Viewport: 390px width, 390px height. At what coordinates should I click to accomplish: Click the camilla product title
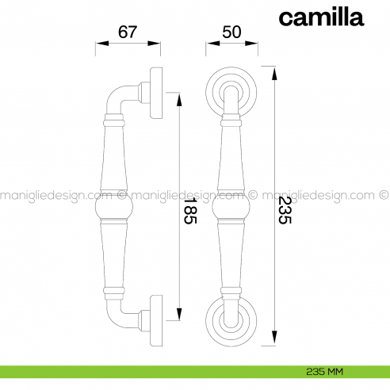(x=321, y=17)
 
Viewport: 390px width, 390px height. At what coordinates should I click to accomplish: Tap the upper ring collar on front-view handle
(x=231, y=123)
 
